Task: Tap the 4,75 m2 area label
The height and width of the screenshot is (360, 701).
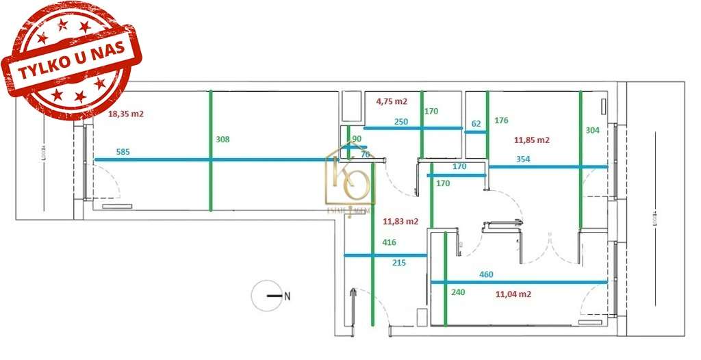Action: [392, 101]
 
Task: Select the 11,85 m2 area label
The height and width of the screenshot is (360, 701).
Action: [532, 140]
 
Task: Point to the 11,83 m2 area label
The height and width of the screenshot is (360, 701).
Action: [400, 221]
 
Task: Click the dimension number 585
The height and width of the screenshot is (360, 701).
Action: [123, 152]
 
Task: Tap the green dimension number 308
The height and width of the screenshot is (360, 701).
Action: [222, 139]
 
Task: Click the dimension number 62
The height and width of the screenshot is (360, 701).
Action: [476, 124]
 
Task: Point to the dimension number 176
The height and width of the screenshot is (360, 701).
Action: [501, 121]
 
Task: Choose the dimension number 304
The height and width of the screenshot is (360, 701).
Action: [594, 129]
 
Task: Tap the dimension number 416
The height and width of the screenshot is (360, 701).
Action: [390, 242]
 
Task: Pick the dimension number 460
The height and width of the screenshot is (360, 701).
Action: [486, 274]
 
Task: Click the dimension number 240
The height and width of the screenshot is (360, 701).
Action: [457, 292]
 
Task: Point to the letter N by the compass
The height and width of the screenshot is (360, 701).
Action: [288, 296]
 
